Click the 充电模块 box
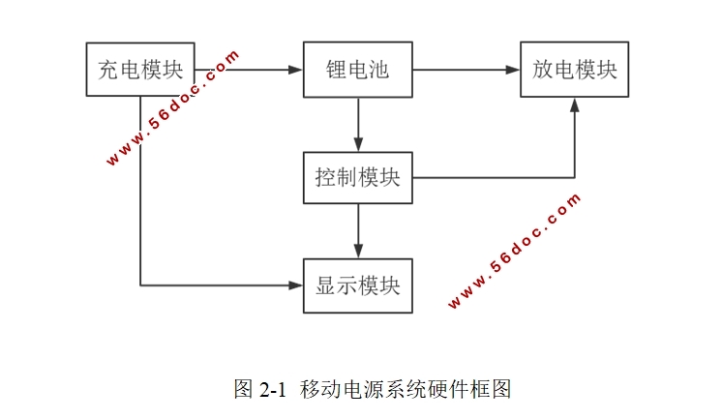point(140,70)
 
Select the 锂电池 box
point(358,70)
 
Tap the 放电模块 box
point(575,70)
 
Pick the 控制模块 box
point(358,178)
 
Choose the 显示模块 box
point(358,285)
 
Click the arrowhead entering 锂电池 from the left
point(296,70)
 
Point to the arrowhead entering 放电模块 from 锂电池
point(513,70)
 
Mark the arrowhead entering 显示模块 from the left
point(296,285)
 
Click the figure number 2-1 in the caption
point(274,390)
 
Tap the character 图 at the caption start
point(243,390)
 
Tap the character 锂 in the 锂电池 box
point(337,70)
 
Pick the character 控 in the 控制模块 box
point(325,178)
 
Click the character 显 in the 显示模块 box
point(325,285)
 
